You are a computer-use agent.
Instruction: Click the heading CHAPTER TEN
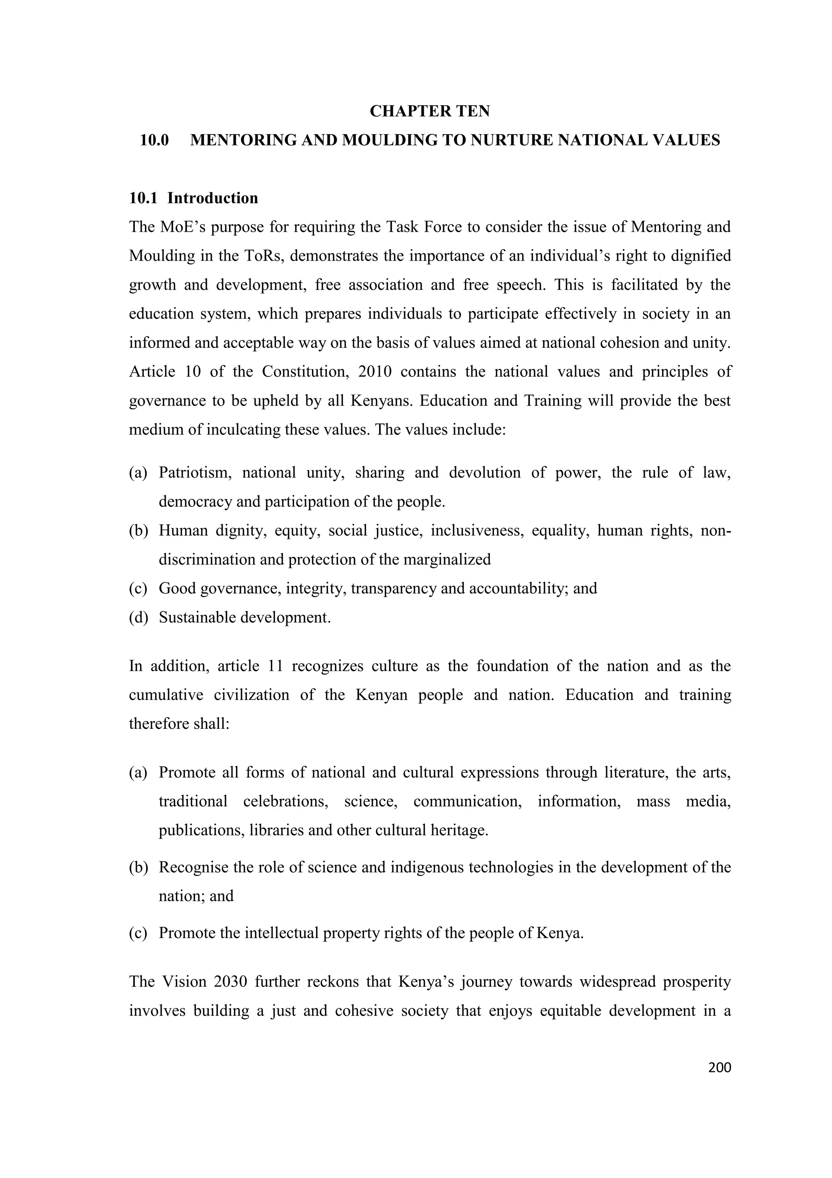click(429, 111)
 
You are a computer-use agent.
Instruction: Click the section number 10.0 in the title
click(154, 140)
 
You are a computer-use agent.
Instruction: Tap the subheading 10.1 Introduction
click(193, 198)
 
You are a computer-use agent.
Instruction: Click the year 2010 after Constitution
click(375, 372)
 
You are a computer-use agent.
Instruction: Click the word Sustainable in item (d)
click(197, 617)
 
